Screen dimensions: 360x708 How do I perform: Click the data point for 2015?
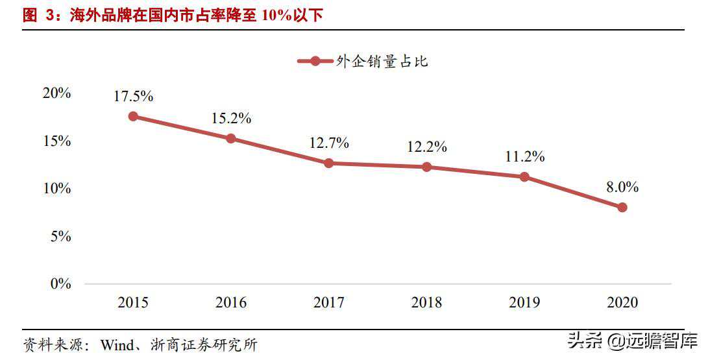[x=133, y=116]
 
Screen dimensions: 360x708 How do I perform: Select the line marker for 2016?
[x=231, y=138]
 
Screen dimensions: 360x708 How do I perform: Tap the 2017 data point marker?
[x=328, y=163]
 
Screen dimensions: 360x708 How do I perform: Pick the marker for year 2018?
[x=426, y=167]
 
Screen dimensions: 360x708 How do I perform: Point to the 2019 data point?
[x=524, y=176]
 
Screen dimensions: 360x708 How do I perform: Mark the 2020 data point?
[x=622, y=208]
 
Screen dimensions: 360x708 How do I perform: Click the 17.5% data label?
[x=133, y=97]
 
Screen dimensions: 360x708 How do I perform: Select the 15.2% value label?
[x=231, y=119]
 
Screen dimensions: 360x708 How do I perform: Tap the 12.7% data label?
[x=328, y=143]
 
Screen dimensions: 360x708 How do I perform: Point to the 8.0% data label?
[x=622, y=187]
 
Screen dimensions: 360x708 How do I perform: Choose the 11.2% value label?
[x=524, y=156]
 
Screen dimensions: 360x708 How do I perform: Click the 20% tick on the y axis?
[x=56, y=93]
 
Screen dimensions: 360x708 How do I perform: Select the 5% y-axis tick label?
[x=60, y=236]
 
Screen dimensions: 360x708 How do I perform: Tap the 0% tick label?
[x=60, y=284]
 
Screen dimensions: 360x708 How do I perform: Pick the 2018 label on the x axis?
[x=426, y=302]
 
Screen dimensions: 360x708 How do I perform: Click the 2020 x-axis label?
[x=622, y=302]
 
